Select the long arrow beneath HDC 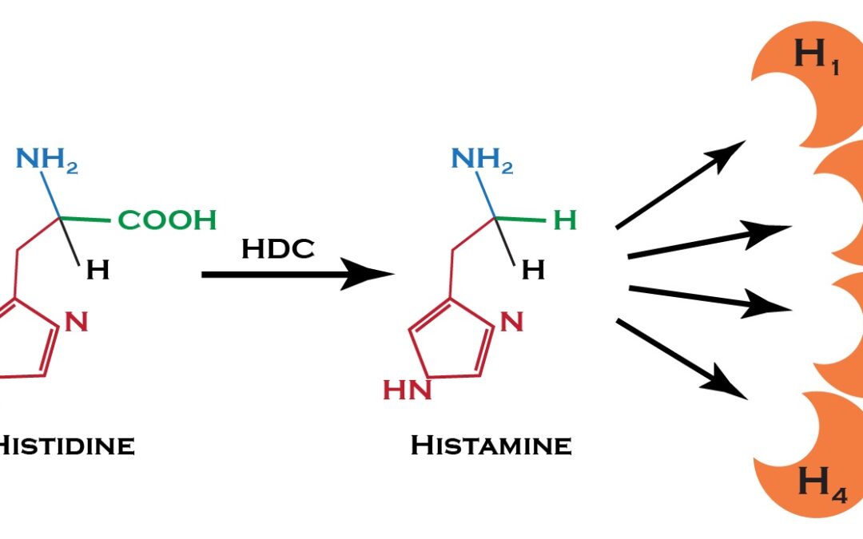click(296, 275)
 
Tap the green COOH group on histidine click(167, 220)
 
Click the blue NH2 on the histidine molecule click(47, 160)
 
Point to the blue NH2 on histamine click(482, 159)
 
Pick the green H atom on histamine click(565, 220)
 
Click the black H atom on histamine click(533, 271)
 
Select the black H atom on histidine click(97, 271)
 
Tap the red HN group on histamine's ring click(408, 390)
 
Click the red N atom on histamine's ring click(512, 322)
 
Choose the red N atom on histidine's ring click(76, 322)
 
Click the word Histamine click(491, 446)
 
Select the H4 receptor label click(821, 483)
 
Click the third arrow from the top click(707, 296)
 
